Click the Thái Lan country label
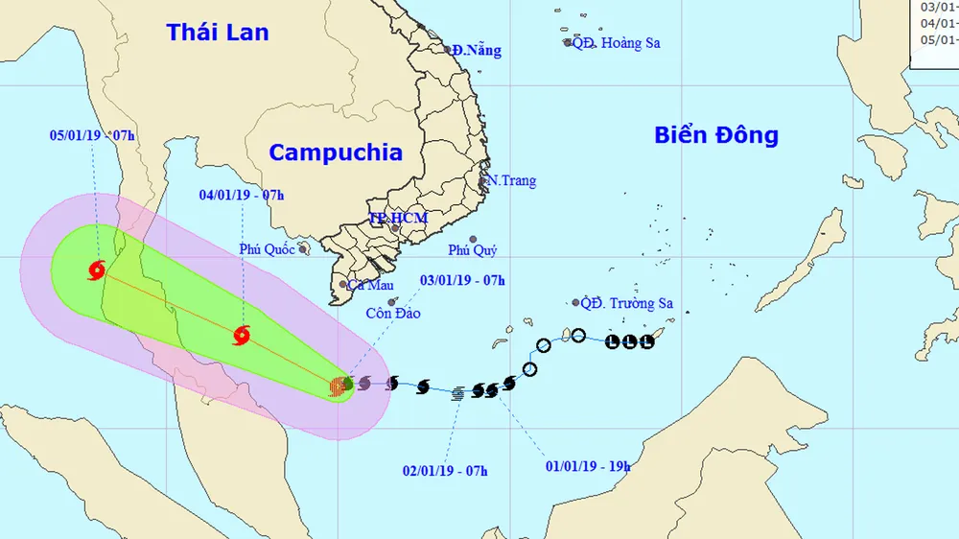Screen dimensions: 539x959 218,32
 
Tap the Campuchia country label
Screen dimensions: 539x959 335,152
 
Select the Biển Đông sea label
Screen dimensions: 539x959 716,135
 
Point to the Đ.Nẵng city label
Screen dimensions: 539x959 478,50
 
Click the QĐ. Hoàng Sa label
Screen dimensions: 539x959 616,42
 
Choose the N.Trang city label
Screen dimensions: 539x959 511,180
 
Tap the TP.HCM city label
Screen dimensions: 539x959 398,219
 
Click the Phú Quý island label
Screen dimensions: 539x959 472,250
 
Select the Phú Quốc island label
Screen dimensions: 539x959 268,249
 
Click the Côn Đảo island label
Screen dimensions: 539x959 393,313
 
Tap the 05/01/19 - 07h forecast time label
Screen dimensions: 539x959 92,135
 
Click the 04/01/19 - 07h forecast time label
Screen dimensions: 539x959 242,195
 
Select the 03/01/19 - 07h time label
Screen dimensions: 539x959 463,280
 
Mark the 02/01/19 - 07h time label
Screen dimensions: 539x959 445,470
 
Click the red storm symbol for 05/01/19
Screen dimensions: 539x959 96,270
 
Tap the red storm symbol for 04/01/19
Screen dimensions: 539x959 242,336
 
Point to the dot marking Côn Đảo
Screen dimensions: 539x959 391,301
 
